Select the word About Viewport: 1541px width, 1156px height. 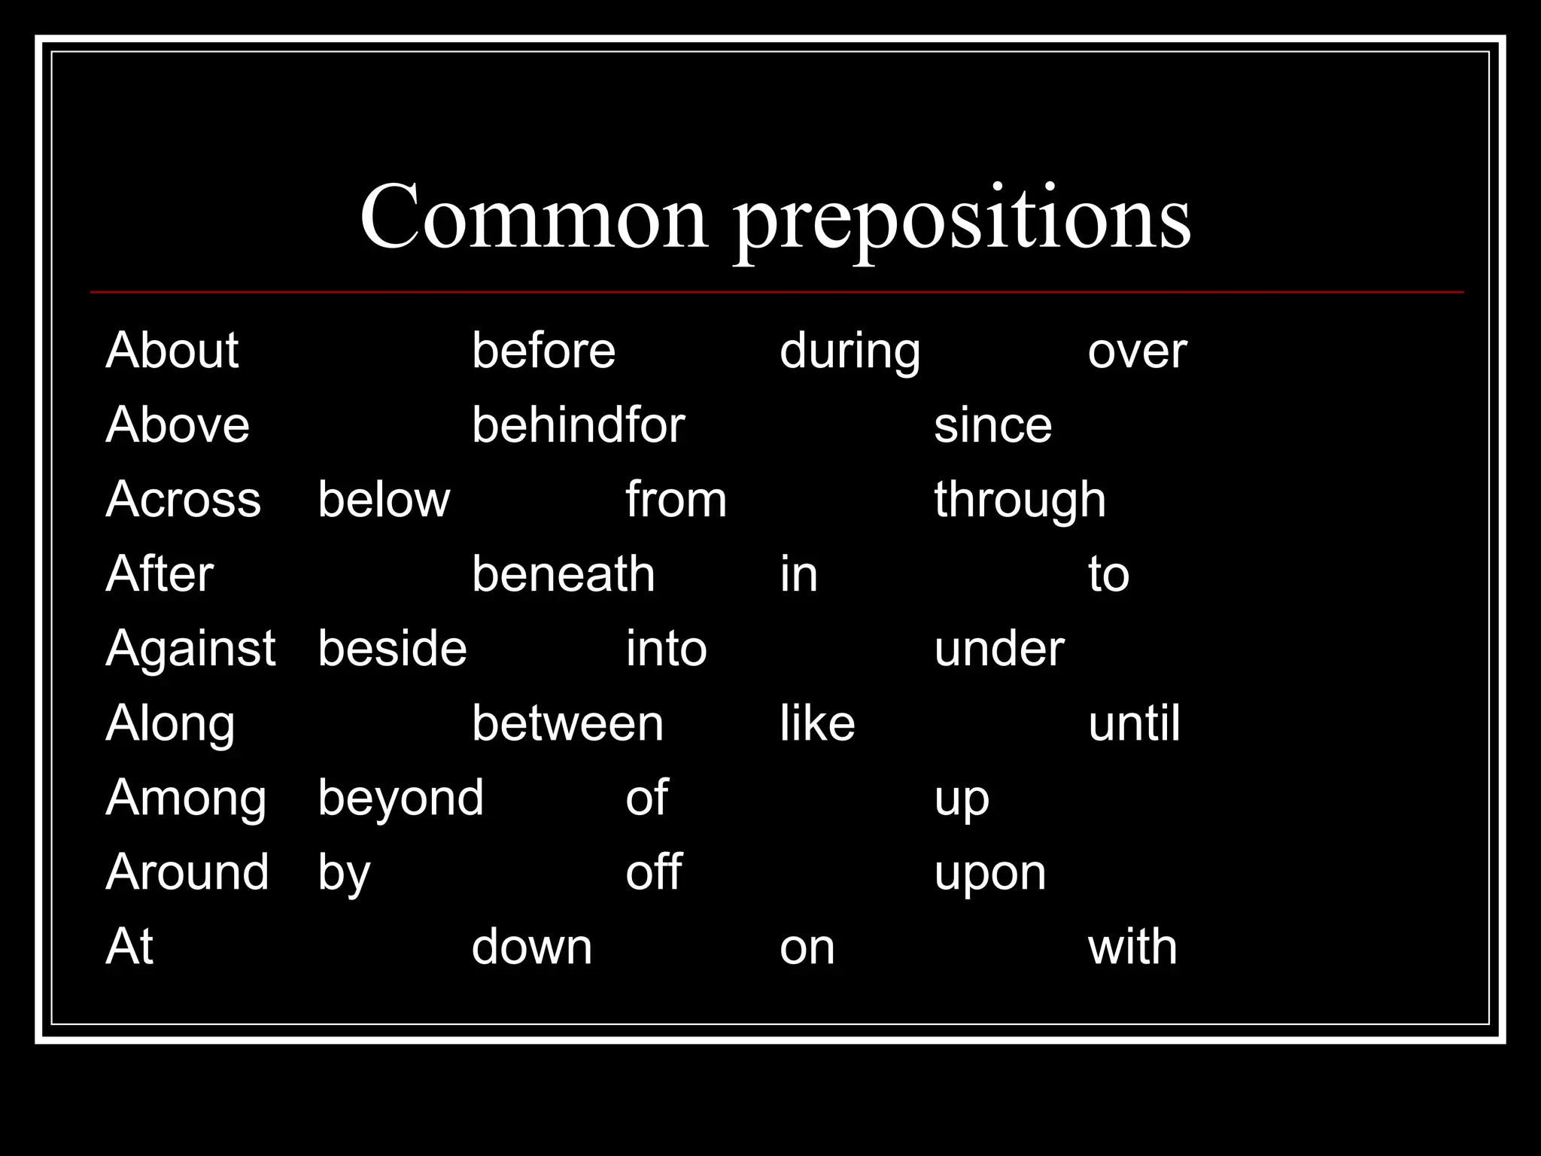172,351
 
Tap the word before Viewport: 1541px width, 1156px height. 543,351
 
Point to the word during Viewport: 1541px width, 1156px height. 850,352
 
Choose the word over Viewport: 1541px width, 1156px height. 1137,352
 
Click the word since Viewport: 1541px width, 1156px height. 992,425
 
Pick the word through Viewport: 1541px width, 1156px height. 1020,500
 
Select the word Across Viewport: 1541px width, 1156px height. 183,500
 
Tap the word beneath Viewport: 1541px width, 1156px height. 563,574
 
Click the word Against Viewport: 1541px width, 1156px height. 190,649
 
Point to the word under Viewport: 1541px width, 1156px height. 999,649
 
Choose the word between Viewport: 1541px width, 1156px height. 567,723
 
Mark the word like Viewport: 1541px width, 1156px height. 817,723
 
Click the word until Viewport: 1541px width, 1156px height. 1134,723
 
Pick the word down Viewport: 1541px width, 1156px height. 531,947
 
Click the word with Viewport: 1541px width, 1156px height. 1132,947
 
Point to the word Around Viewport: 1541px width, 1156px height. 187,872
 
